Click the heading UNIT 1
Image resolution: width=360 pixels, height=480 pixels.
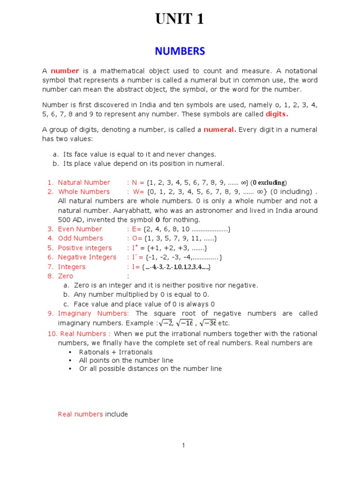pyautogui.click(x=180, y=19)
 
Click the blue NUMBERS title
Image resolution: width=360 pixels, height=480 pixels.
pyautogui.click(x=180, y=51)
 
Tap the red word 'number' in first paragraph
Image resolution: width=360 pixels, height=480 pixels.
pyautogui.click(x=65, y=71)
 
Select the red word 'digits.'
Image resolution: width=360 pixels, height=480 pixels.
pyautogui.click(x=277, y=114)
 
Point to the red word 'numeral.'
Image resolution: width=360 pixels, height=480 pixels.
pyautogui.click(x=220, y=130)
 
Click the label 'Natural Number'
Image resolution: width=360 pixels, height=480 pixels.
pyautogui.click(x=84, y=182)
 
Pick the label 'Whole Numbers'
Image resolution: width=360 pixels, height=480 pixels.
pyautogui.click(x=84, y=192)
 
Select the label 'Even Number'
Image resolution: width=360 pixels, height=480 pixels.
pyautogui.click(x=80, y=229)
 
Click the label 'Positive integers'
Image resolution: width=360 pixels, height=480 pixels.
pyautogui.click(x=85, y=248)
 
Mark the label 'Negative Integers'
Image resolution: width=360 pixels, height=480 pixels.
pyautogui.click(x=87, y=257)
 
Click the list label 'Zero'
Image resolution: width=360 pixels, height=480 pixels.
pyautogui.click(x=66, y=276)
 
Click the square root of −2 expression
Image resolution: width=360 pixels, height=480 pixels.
pyautogui.click(x=165, y=323)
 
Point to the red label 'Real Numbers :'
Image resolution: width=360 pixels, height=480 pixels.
pyautogui.click(x=84, y=334)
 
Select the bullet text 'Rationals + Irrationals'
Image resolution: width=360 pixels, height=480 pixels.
pyautogui.click(x=116, y=352)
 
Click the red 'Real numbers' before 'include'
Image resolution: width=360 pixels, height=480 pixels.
pyautogui.click(x=80, y=414)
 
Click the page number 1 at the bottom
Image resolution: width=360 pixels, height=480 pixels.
pyautogui.click(x=184, y=445)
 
